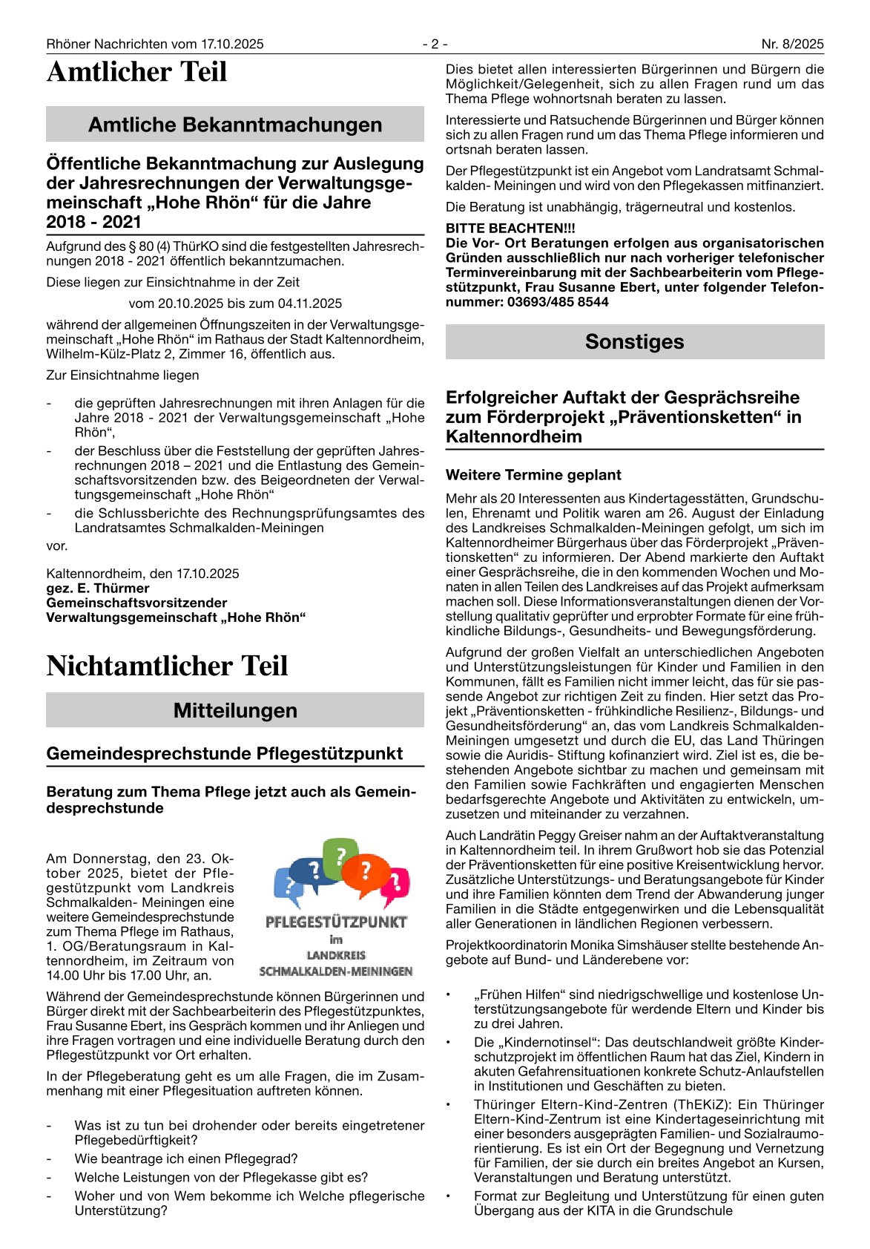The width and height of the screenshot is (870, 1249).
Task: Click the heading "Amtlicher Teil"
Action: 136,73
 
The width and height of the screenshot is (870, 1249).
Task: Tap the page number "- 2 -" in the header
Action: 435,44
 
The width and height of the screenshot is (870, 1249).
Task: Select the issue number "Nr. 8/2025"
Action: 792,44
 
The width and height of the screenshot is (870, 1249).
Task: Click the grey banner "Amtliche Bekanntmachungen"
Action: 235,125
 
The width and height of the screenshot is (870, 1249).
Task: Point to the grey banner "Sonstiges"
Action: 634,341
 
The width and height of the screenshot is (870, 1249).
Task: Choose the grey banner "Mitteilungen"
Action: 235,710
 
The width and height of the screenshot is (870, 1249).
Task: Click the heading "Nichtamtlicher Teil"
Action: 167,666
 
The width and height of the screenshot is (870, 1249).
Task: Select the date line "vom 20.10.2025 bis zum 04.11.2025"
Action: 235,303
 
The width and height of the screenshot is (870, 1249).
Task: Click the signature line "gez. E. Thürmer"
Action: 98,588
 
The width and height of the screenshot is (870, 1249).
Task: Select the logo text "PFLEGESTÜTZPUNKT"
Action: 336,922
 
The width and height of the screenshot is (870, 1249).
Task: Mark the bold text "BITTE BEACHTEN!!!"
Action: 510,229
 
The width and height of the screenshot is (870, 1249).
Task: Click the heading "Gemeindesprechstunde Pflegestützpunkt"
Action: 224,753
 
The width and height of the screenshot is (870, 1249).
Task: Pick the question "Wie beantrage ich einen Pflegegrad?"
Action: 186,1158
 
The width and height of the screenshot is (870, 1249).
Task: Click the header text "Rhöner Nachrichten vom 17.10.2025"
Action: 155,44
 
